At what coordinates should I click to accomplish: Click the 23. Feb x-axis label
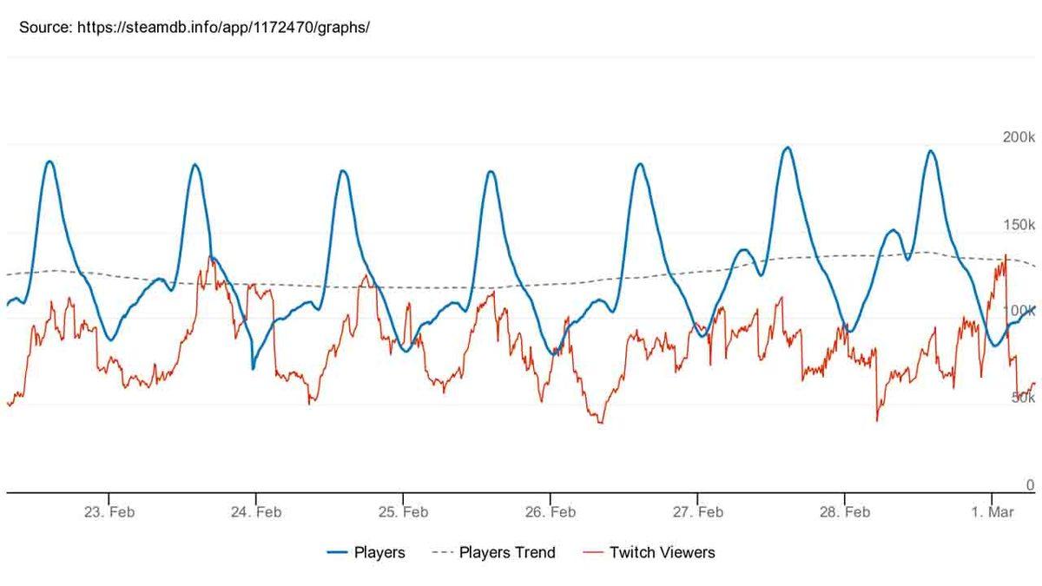click(109, 512)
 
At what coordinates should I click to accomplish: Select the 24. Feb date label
click(256, 512)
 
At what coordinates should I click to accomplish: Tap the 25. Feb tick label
click(403, 512)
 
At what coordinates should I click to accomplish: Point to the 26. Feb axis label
click(551, 512)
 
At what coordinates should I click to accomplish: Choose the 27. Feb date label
click(698, 512)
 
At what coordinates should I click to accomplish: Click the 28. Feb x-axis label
click(845, 512)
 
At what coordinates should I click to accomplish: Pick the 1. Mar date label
click(993, 512)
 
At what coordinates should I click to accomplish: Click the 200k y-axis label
click(1019, 137)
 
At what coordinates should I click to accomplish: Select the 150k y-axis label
click(1019, 225)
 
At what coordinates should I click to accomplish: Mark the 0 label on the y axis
click(1030, 485)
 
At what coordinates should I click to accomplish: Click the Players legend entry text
click(379, 552)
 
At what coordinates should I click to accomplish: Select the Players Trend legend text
click(507, 552)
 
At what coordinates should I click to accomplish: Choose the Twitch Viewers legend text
click(663, 552)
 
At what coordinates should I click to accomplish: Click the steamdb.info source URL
click(224, 27)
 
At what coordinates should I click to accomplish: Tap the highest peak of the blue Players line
click(788, 148)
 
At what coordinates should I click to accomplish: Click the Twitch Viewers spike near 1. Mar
click(1006, 255)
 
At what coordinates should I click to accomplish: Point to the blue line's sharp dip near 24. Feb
click(253, 368)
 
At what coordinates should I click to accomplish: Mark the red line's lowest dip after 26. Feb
click(601, 423)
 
